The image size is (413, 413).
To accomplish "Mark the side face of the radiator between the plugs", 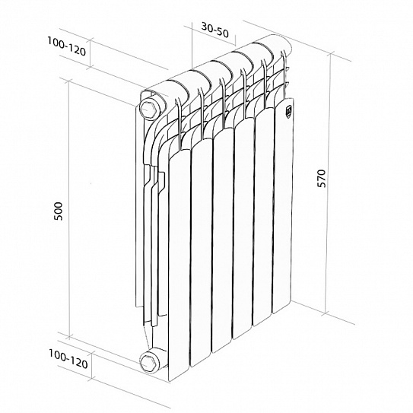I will (x=150, y=228).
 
